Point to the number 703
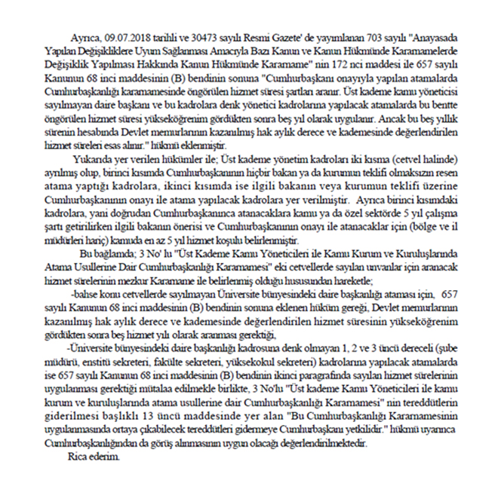[346, 35]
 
